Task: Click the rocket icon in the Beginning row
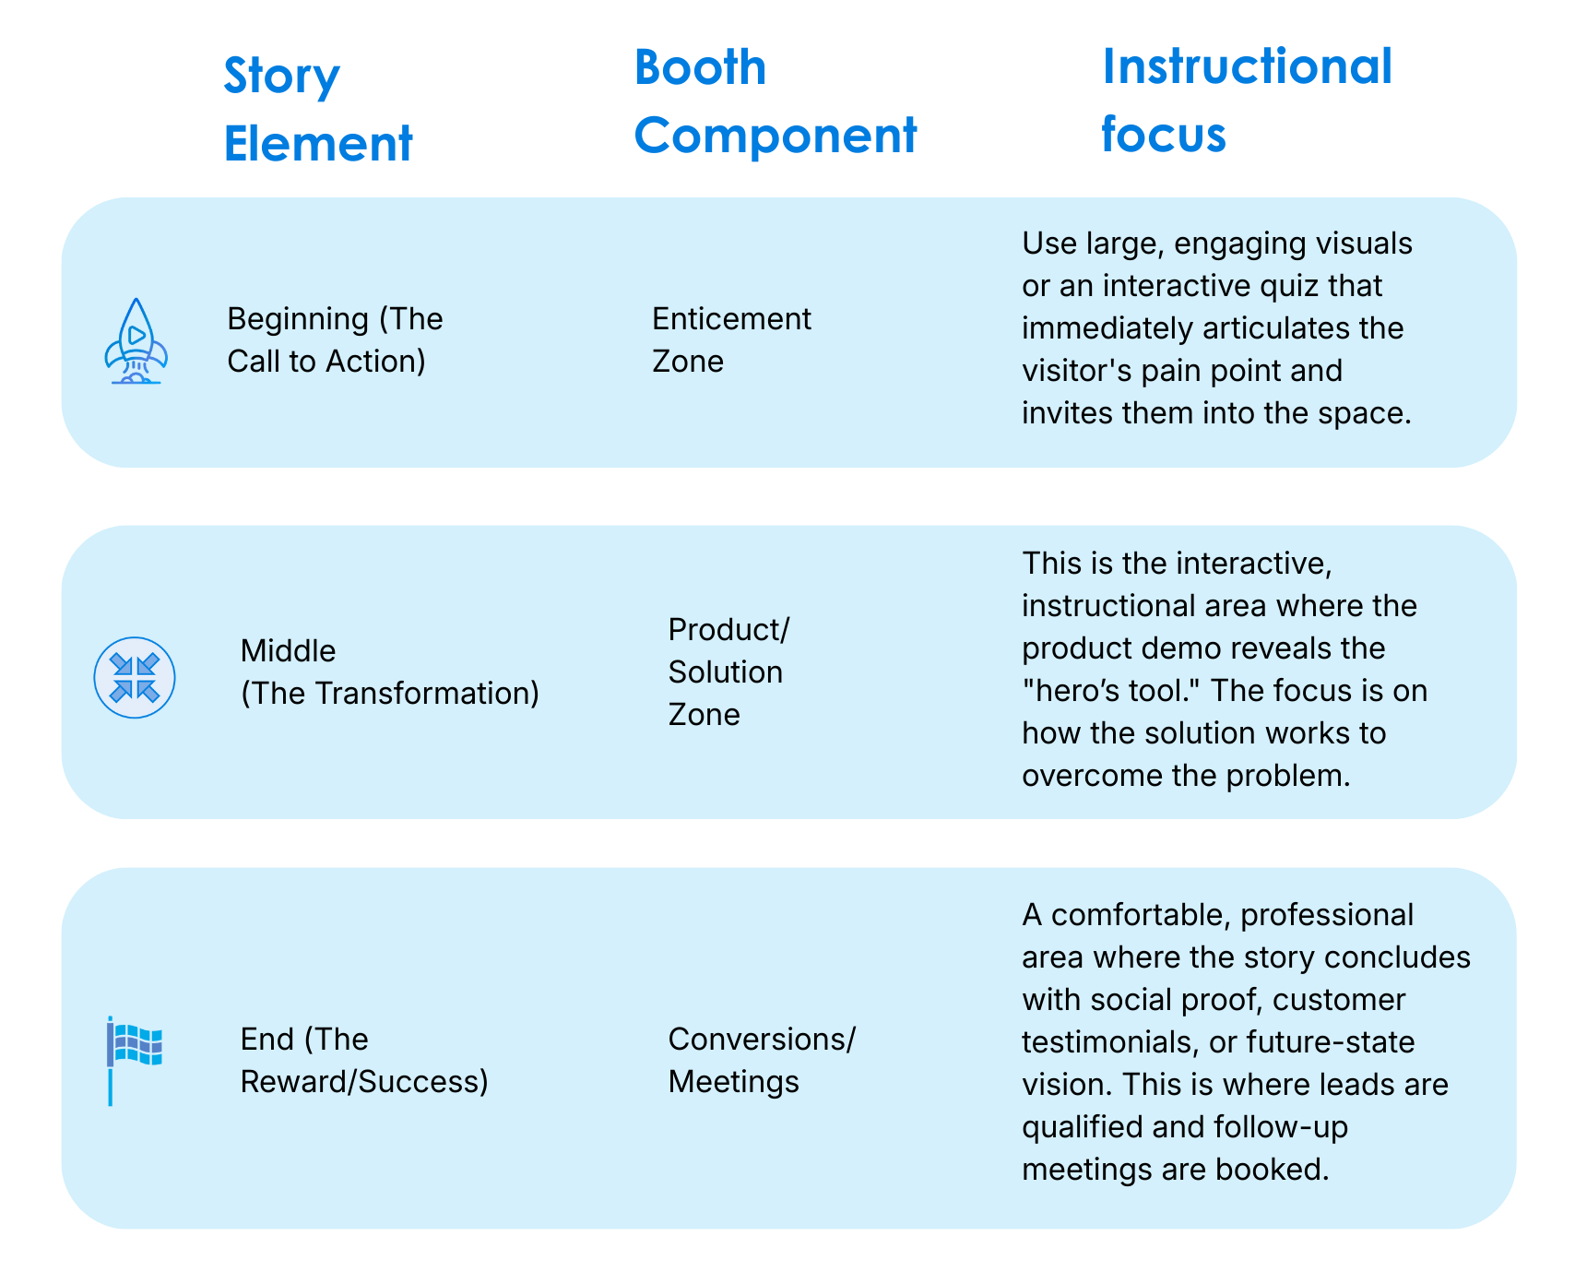[136, 340]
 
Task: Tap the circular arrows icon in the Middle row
[135, 678]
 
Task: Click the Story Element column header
[317, 110]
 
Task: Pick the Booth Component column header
[775, 101]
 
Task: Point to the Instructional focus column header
[1246, 100]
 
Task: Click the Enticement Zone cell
[731, 339]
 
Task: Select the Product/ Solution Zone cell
[728, 672]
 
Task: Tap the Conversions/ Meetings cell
[761, 1060]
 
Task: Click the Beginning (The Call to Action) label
[335, 339]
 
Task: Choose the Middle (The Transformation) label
[389, 672]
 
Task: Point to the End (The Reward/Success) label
[363, 1060]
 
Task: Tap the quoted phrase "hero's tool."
[1107, 691]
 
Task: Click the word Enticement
[731, 319]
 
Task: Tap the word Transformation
[420, 694]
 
